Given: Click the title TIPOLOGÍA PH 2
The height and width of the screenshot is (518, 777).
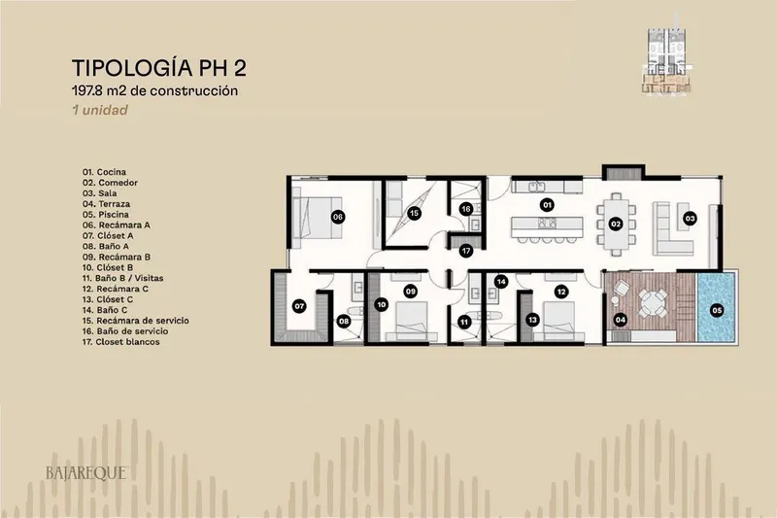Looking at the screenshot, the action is point(159,68).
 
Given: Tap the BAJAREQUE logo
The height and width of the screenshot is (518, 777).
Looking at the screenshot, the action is point(86,473).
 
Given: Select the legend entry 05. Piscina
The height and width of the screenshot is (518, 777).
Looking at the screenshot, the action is point(106,215).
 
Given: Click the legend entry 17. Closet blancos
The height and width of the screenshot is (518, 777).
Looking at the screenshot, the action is point(120,342).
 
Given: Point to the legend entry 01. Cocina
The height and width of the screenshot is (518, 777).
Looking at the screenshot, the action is point(104,172).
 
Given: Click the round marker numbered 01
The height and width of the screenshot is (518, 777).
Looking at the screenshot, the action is point(547,205).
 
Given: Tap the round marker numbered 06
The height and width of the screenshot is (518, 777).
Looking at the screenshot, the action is point(337,217).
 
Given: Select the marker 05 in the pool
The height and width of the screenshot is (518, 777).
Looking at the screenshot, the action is point(717,311).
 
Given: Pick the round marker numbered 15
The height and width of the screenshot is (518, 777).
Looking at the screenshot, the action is point(414,214).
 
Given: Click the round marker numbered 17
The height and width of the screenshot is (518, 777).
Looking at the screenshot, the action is point(466,251).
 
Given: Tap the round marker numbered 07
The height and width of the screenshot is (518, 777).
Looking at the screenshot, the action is point(299,306).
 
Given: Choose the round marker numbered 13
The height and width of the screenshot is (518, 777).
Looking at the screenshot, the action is point(532,320).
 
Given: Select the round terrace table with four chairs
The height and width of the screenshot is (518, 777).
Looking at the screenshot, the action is point(649,302).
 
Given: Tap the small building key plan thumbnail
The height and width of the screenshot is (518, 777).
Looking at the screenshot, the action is point(666,61).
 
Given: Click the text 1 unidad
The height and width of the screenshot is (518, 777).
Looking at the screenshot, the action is point(100,110).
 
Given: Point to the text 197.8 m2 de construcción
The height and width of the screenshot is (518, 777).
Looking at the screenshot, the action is point(154,90).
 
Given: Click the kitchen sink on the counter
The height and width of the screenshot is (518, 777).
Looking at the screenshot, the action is point(536,187).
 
